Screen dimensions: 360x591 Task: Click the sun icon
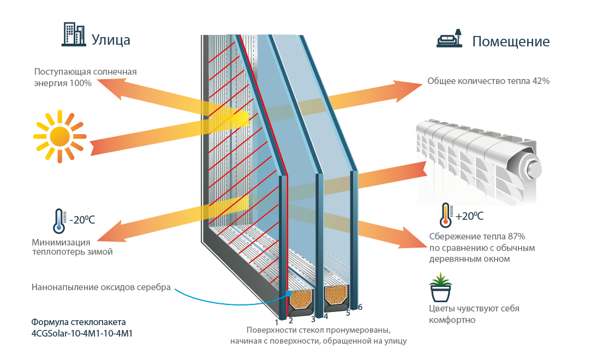click(x=60, y=136)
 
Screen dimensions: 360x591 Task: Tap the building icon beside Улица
click(x=73, y=34)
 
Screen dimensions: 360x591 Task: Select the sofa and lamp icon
click(x=449, y=39)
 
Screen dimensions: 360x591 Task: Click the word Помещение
click(x=511, y=41)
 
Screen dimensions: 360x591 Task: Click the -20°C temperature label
click(x=82, y=220)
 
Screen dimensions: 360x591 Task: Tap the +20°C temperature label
click(x=469, y=215)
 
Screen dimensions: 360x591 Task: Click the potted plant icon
click(x=440, y=289)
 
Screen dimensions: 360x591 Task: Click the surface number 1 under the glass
click(x=277, y=323)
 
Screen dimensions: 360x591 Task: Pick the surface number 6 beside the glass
click(x=360, y=307)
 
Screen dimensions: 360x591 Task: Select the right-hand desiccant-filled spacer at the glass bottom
click(x=336, y=295)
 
